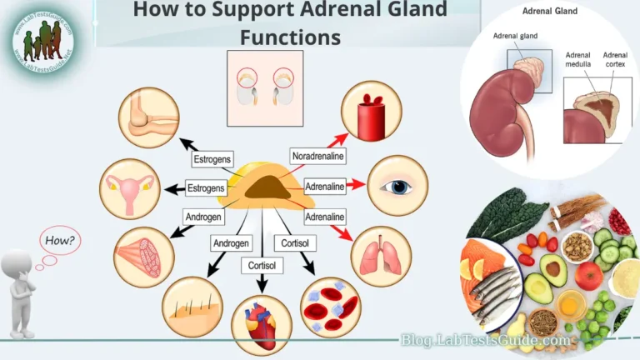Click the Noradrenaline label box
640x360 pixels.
[x=318, y=156]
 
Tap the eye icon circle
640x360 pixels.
[x=397, y=186]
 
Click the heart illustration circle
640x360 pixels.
[x=261, y=324]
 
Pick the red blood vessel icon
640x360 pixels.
[x=371, y=112]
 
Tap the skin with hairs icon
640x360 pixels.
[x=192, y=307]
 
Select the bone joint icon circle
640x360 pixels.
[x=149, y=117]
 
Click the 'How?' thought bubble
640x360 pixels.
[x=60, y=242]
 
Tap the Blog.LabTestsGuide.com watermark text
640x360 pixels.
[x=486, y=340]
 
